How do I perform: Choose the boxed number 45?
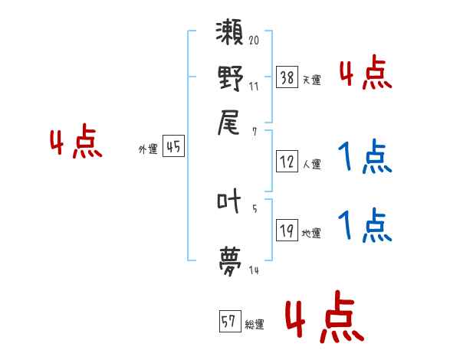(x=173, y=147)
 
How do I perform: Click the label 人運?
(x=312, y=163)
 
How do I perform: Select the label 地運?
(x=312, y=233)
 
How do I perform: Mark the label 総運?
(x=255, y=324)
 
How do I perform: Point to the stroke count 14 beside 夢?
(x=253, y=270)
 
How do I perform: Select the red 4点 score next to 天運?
(x=365, y=73)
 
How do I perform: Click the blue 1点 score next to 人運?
(x=365, y=157)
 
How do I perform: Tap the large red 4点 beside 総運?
(x=324, y=316)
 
